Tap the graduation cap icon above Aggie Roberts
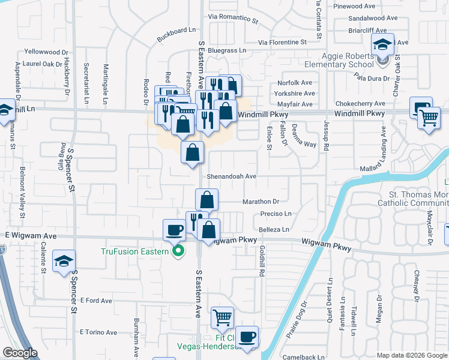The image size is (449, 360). pos(382,44)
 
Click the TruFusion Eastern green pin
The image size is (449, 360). pos(178,251)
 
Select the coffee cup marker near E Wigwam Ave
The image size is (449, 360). pos(175,229)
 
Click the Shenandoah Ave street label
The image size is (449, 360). pos(232,177)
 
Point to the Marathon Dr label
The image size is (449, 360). pos(261,202)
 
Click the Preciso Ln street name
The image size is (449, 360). pos(276,214)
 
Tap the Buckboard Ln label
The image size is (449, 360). pos(176,30)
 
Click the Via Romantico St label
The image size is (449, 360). pos(233,19)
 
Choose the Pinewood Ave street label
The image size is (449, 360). pos(373,7)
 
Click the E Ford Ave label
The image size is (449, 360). pos(96,300)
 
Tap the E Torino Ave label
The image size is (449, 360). pos(98,332)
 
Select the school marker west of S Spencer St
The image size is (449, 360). pos(64,261)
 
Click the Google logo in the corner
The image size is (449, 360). pos(20,353)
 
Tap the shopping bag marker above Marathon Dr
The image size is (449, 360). pos(206,199)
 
